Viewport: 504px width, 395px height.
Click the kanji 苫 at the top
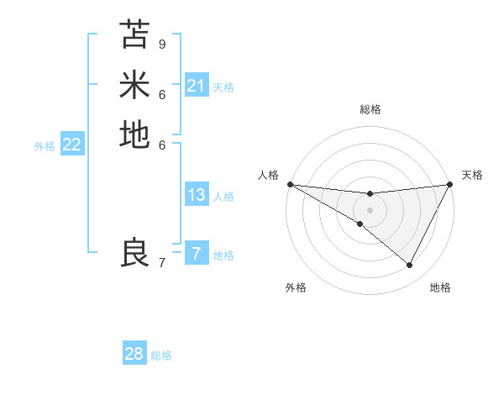tap(134, 35)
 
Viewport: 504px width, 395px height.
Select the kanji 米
tap(134, 85)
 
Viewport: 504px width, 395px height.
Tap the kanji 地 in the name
tap(134, 134)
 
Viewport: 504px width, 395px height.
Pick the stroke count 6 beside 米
tap(162, 94)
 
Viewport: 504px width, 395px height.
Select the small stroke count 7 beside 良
tap(162, 263)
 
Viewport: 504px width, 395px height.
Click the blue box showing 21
tap(197, 86)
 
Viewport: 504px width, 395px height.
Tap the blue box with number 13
tap(197, 195)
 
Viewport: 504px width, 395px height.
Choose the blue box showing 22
tap(72, 145)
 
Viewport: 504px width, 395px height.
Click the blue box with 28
tap(134, 354)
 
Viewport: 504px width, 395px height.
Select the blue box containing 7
tap(197, 254)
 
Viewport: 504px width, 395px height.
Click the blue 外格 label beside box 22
tap(45, 146)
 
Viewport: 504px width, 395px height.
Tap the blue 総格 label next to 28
tap(162, 355)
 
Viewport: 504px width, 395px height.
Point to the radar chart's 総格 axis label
tap(370, 109)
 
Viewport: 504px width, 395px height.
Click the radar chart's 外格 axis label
tap(296, 287)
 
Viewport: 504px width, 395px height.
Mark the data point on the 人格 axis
tap(290, 184)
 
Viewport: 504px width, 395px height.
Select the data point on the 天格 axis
tap(450, 185)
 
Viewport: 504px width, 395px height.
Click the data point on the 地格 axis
tap(410, 266)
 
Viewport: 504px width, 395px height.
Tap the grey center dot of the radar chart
tap(370, 209)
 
